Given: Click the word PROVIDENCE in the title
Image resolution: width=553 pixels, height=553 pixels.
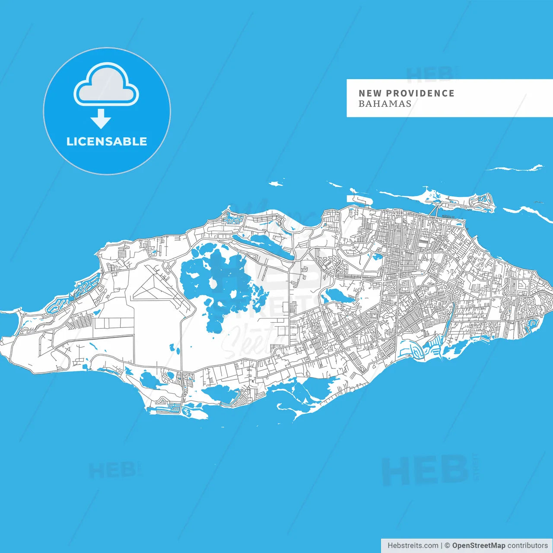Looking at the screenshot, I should [420, 93].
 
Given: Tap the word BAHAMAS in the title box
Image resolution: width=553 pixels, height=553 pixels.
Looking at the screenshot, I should [385, 104].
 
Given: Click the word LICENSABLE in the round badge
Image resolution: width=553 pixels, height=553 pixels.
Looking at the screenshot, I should [107, 141].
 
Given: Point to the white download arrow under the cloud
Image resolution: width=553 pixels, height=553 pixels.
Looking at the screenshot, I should [101, 118].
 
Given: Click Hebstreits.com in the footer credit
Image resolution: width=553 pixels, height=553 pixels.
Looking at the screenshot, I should [413, 546].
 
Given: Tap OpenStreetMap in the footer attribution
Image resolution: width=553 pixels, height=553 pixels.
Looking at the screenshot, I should [478, 546].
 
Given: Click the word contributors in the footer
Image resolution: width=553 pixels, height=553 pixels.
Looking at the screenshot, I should [528, 546].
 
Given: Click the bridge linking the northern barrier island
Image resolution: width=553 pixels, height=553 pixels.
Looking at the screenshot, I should [435, 211].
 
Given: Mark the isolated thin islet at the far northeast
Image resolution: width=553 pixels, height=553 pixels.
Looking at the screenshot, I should [516, 168].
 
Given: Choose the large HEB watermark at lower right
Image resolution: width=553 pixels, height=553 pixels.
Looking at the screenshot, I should [426, 470].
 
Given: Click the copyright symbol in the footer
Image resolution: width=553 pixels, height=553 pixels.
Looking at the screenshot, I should [447, 546].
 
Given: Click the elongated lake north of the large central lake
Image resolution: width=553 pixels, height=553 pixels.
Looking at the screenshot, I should [261, 244].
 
